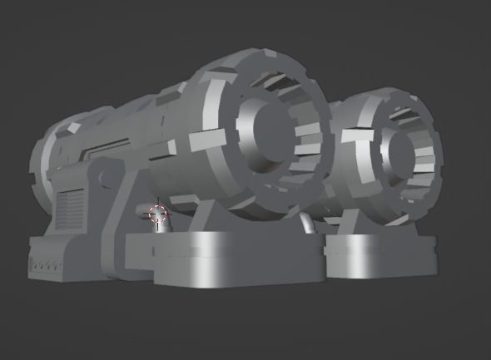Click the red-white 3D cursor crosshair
[157, 215]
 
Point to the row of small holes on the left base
[46, 267]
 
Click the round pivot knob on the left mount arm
[100, 177]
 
